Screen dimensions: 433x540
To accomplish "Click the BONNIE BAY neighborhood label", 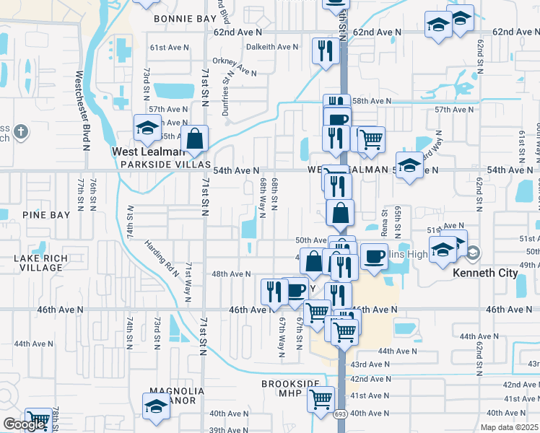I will point(185,18).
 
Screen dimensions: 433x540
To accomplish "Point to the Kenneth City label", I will point(484,274).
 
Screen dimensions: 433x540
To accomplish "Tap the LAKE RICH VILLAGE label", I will point(33,263).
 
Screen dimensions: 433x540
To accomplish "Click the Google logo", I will point(23,425).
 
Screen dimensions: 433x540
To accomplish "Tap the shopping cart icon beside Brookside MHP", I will point(321,398).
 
